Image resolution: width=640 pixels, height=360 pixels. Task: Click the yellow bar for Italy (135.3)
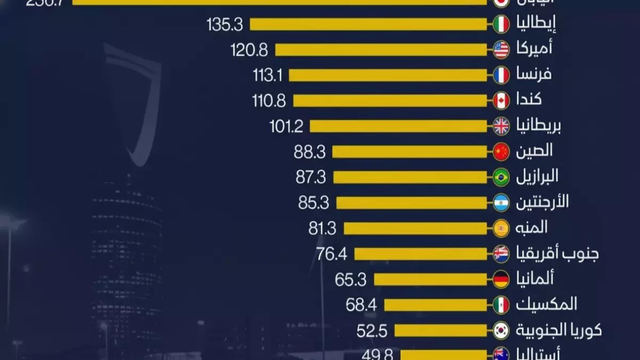click(368, 25)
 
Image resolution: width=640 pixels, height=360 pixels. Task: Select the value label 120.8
click(249, 50)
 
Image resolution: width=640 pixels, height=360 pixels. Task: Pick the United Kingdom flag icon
click(501, 126)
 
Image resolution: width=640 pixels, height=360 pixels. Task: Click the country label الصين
click(534, 151)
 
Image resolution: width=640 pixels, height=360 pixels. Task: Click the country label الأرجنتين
click(542, 202)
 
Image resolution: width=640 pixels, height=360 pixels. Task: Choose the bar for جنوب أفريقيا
click(420, 254)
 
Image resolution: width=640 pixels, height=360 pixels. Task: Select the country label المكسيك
click(546, 305)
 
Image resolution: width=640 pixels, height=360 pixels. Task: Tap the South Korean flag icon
click(501, 330)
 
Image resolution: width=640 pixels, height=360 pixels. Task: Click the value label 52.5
click(371, 331)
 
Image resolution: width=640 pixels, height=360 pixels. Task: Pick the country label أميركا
click(533, 49)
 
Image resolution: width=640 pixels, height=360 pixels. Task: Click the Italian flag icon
click(501, 25)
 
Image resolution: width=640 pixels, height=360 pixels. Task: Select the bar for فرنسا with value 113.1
click(388, 75)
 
